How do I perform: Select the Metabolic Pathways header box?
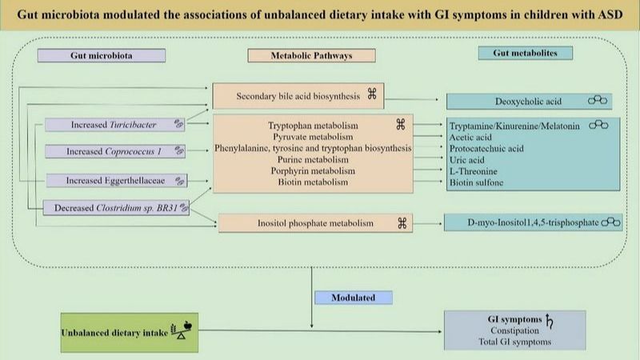(x=311, y=56)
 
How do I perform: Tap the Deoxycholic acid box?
(x=533, y=102)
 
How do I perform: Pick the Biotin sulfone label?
(x=478, y=182)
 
